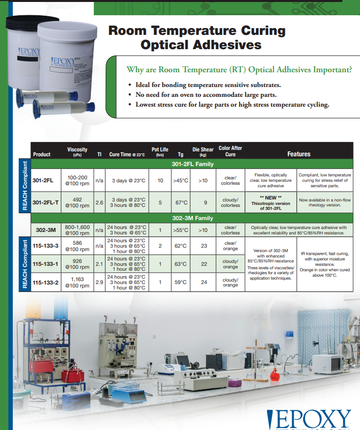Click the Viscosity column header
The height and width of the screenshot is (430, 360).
click(x=77, y=152)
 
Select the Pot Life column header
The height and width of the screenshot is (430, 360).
click(x=160, y=152)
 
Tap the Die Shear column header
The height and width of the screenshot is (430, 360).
click(x=203, y=152)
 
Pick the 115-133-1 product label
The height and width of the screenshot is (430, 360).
click(x=46, y=264)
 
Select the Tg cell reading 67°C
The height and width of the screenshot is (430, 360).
click(x=181, y=202)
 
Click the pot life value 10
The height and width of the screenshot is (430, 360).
click(x=160, y=180)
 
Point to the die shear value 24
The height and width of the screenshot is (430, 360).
click(x=204, y=282)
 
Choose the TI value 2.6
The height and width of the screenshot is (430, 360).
click(x=99, y=202)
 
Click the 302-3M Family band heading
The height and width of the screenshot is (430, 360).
click(x=193, y=218)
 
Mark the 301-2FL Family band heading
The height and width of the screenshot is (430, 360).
click(x=193, y=164)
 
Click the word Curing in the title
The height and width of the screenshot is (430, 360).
click(x=263, y=31)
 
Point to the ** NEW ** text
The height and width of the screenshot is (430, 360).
click(x=271, y=198)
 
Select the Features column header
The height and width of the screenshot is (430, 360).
click(x=299, y=154)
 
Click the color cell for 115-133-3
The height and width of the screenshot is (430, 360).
click(x=230, y=246)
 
